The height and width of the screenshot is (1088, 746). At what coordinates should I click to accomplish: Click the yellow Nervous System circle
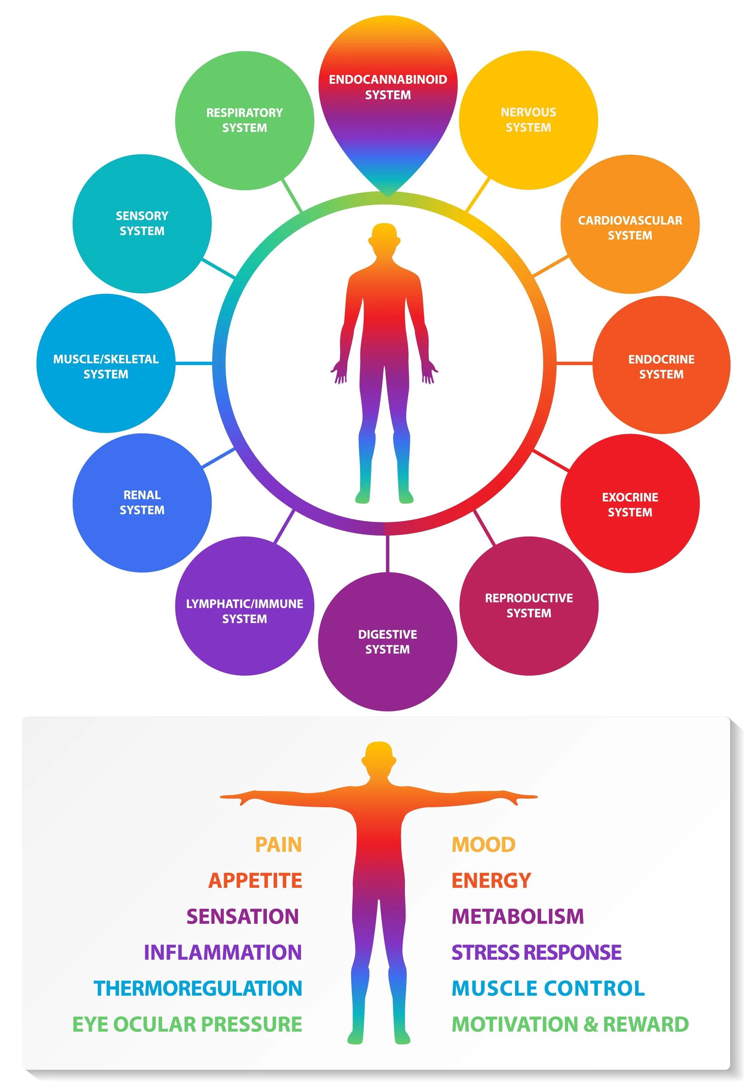[528, 120]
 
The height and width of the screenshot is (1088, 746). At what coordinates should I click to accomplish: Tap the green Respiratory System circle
[244, 120]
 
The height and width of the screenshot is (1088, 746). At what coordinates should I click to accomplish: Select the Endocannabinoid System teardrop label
[388, 88]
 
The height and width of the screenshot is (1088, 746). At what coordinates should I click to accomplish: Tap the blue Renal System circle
[142, 502]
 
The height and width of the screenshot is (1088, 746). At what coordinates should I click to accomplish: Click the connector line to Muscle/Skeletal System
[194, 363]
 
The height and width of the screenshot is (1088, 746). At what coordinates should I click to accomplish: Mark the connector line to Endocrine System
[574, 363]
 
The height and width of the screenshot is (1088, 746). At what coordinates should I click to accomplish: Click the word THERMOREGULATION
[198, 988]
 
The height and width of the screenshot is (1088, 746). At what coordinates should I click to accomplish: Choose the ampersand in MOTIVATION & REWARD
[591, 1024]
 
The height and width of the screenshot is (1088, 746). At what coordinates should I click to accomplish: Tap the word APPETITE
[255, 880]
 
